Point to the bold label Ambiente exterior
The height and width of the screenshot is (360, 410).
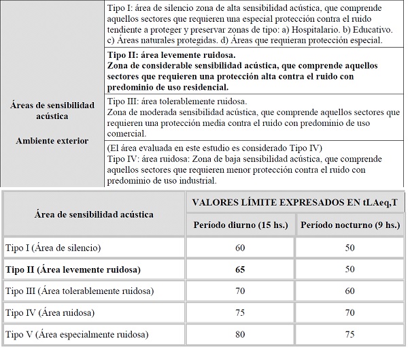(x=52, y=141)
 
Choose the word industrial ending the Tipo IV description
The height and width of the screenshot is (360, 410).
(x=195, y=181)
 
